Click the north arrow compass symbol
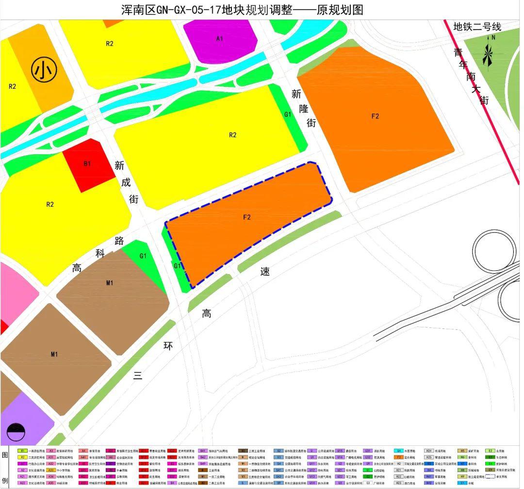[x=488, y=52]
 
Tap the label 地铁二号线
[x=477, y=27]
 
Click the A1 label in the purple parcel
[x=220, y=38]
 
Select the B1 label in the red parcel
[x=87, y=164]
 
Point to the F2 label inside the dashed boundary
[x=247, y=217]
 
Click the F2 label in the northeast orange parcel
[x=375, y=116]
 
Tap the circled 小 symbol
[x=44, y=70]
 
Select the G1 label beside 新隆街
[x=288, y=114]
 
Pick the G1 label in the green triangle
[x=143, y=256]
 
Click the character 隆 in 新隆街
[x=304, y=108]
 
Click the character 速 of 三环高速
[x=265, y=272]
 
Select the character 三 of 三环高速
[x=138, y=375]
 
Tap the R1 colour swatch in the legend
[x=22, y=451]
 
